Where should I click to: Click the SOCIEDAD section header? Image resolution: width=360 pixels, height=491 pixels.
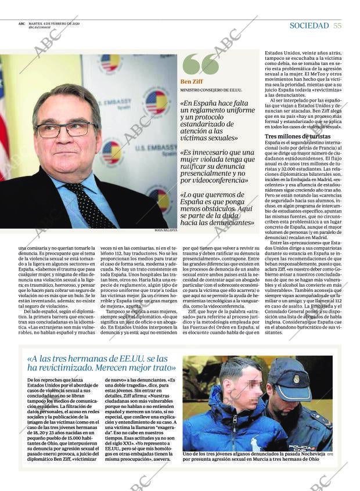coord(309,26)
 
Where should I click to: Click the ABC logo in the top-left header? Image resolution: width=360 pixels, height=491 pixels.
coord(21,24)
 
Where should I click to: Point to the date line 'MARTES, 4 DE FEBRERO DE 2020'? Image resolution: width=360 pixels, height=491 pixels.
coord(54,24)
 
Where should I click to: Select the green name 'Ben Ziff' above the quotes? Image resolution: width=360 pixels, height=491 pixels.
coord(191,82)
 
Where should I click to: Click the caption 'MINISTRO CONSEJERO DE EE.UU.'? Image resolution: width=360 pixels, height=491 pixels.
coord(210,91)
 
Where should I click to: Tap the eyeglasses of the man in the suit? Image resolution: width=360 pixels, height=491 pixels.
coord(64,129)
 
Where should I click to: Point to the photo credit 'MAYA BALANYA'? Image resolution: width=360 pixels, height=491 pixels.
coord(165,230)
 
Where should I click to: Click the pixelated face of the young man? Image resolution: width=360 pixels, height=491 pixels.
coord(243,386)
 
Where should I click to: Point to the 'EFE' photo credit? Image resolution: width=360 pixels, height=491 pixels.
coord(329,454)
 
